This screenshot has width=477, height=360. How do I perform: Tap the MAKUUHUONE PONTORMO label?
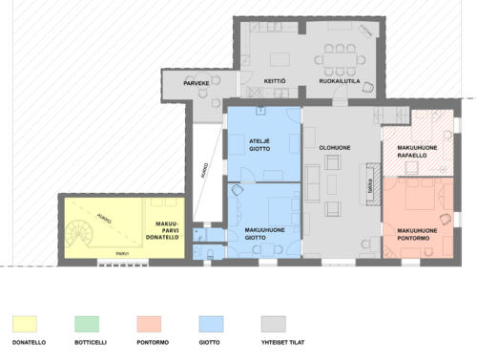point(418,234)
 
